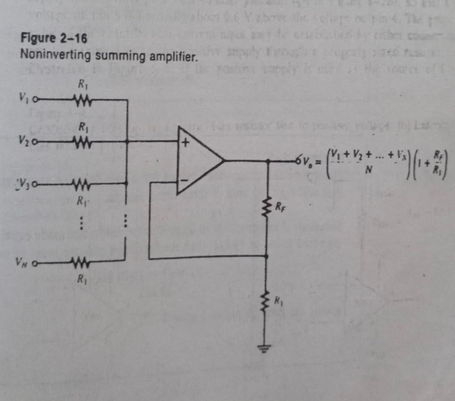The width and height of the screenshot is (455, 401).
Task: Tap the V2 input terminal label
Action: click(x=25, y=141)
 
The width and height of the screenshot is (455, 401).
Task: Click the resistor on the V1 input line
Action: click(x=81, y=100)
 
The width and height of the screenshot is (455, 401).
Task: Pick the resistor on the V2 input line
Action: click(x=81, y=141)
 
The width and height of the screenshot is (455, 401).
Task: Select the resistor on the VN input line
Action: click(x=81, y=264)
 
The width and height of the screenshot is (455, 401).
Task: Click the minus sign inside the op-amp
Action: click(x=184, y=181)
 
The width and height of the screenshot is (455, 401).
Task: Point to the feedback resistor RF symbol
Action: click(x=267, y=208)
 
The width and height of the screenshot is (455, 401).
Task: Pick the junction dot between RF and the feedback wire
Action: click(x=267, y=256)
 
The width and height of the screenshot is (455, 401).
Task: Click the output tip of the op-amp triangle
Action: click(x=224, y=160)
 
